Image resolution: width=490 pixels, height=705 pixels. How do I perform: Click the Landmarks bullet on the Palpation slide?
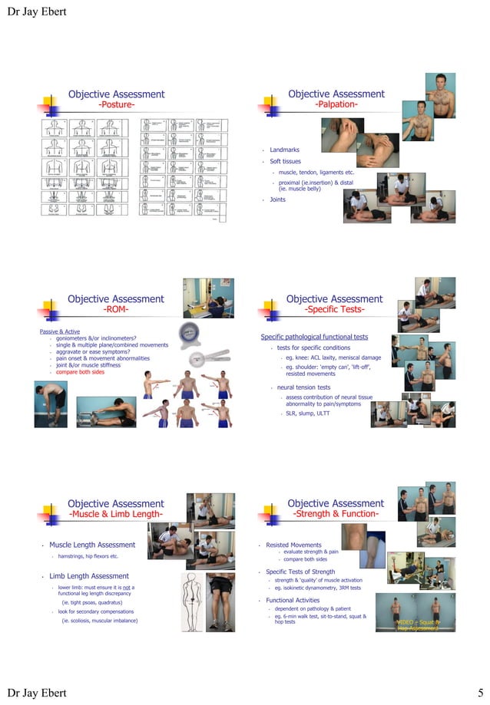[284, 150]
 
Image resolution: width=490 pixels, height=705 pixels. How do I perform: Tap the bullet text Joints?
[277, 199]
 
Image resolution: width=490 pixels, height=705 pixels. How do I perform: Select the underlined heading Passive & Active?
[60, 331]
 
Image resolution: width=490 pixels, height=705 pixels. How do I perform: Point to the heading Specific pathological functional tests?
[314, 338]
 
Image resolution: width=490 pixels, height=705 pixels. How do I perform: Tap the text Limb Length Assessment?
[88, 576]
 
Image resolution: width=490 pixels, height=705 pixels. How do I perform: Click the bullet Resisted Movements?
[293, 545]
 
